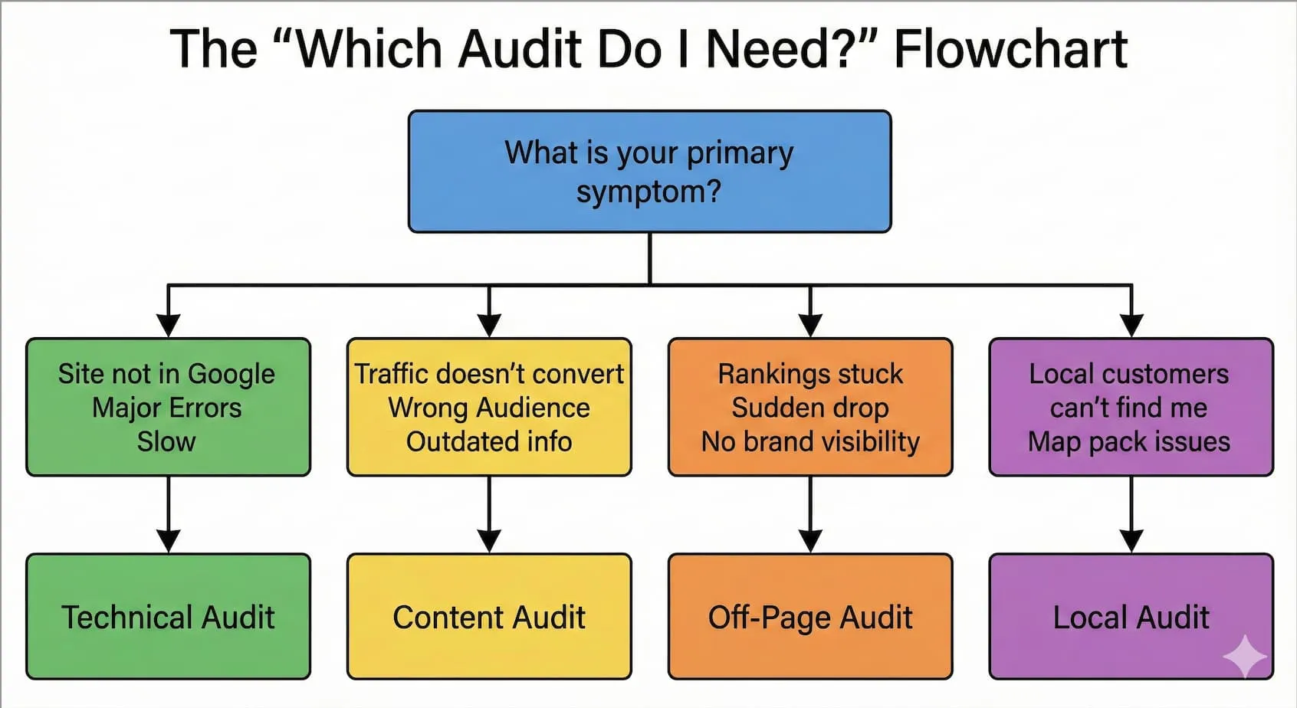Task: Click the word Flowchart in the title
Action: pos(1010,49)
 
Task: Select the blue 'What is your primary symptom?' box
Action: pos(649,172)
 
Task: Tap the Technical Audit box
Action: pos(168,617)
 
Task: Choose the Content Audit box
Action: pos(489,617)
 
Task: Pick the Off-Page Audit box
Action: pos(810,617)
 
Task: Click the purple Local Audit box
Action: pos(1131,617)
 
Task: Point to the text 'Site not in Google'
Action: pos(166,374)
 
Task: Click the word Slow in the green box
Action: pos(166,442)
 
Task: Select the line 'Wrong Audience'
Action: pos(489,408)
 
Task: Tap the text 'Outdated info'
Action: pos(489,442)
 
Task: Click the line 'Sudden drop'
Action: pos(810,408)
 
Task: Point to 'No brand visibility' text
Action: pos(810,442)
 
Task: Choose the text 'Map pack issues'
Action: pos(1128,442)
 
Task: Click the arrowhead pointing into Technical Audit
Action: pos(169,541)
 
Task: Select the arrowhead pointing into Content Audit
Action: pos(489,541)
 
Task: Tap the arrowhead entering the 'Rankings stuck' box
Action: pos(810,325)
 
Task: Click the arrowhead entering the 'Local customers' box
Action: pos(1131,325)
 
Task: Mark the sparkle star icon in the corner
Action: pos(1245,656)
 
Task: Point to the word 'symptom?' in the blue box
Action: pos(648,192)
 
